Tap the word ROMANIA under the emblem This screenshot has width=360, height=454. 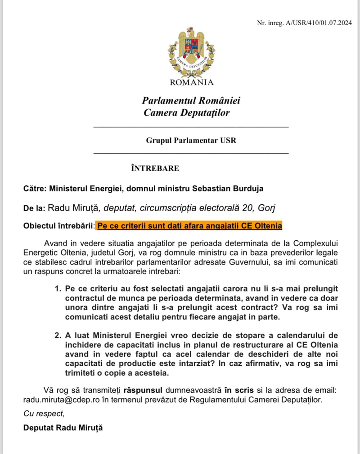coord(192,82)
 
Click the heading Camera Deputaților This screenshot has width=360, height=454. coord(186,112)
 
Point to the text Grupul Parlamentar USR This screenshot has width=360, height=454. coord(191,140)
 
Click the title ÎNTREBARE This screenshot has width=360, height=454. coord(155,168)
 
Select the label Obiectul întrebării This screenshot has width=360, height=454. coord(58,225)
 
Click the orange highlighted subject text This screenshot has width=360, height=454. coord(189,225)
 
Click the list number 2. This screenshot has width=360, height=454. coord(57,336)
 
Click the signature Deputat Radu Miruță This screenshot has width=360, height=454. coord(63,427)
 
